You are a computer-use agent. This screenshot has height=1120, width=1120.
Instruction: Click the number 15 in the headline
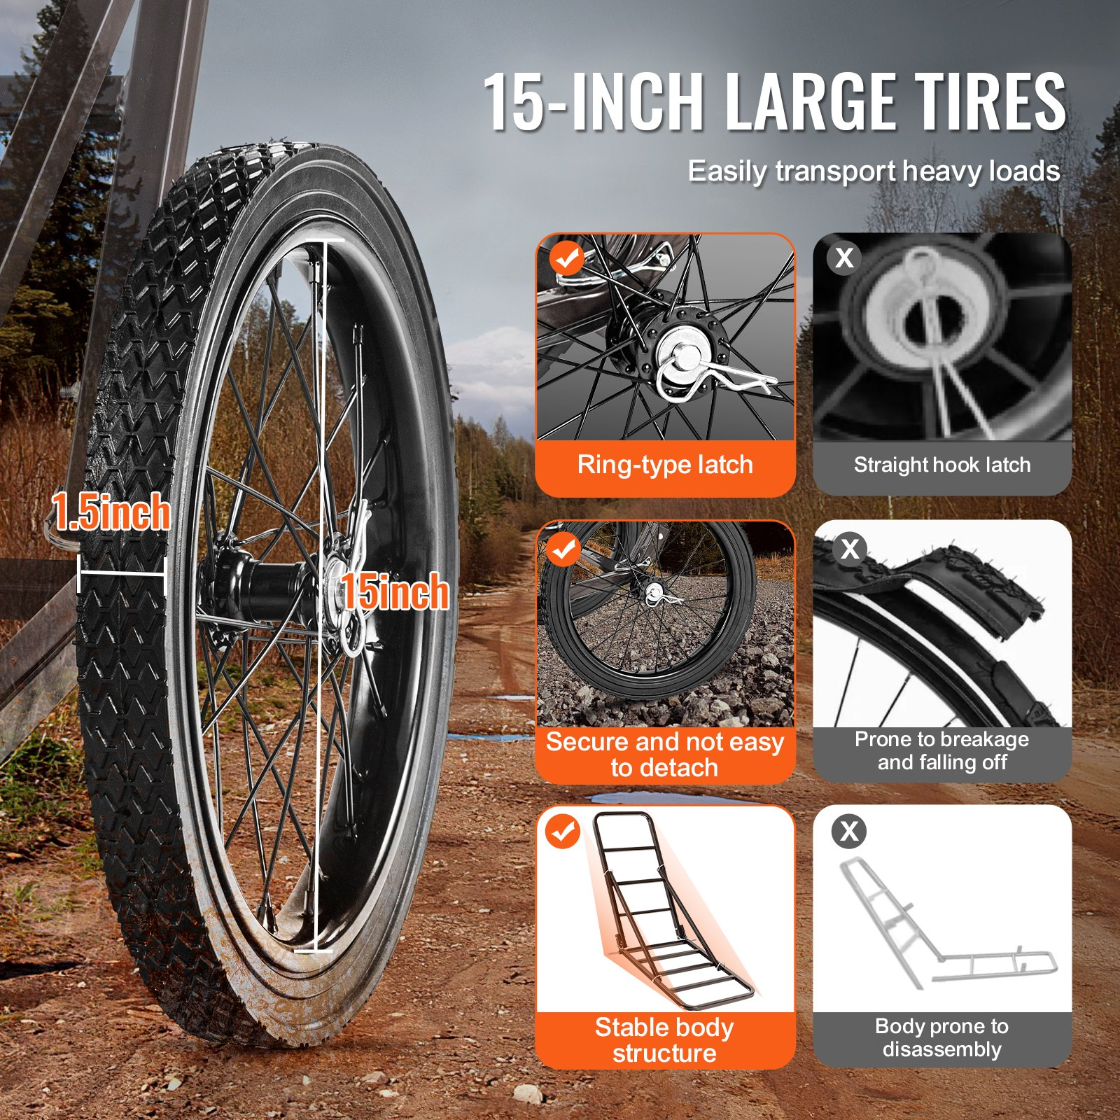(x=513, y=102)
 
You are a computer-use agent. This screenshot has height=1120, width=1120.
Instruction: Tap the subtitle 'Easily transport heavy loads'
(x=874, y=171)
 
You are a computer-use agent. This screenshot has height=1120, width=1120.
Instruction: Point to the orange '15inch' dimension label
(x=395, y=591)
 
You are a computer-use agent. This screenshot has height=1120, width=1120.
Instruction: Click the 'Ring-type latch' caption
(x=665, y=465)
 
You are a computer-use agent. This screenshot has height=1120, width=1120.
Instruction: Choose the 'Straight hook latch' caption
(x=942, y=465)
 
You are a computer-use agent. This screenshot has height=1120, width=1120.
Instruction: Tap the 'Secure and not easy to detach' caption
(x=664, y=755)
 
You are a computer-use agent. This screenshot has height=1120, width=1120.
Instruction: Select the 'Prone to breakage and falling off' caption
(x=942, y=750)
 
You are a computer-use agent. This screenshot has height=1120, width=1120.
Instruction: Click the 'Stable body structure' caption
(x=664, y=1040)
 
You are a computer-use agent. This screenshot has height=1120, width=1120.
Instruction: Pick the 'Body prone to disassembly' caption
(x=942, y=1037)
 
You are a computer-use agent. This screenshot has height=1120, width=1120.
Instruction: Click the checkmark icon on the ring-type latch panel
(x=566, y=258)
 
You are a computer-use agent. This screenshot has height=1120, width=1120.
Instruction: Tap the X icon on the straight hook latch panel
(x=844, y=258)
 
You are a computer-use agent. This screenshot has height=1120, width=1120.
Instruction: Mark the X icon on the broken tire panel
(x=850, y=548)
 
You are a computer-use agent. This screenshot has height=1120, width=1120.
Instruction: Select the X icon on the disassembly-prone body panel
(x=849, y=831)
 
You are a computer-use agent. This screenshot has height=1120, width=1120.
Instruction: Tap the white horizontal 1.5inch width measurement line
(x=122, y=575)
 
